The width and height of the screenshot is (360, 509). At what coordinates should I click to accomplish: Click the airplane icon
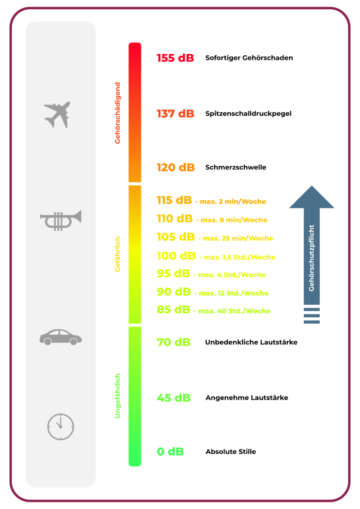tap(58, 114)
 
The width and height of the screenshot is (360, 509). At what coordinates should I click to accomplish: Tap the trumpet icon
tap(60, 221)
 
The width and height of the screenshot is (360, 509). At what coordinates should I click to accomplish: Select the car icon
tap(61, 337)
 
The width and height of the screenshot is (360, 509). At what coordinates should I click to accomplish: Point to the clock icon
tap(61, 427)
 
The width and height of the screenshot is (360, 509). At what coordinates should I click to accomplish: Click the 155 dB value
tap(175, 58)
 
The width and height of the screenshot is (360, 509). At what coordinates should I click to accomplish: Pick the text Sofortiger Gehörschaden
tap(249, 58)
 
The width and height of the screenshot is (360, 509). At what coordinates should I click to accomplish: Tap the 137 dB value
tap(175, 113)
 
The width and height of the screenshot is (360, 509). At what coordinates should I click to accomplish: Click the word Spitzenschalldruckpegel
tap(248, 113)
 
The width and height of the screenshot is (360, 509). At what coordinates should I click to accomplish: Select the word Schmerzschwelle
tap(236, 167)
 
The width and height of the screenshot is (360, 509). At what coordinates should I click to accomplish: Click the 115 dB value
tap(174, 200)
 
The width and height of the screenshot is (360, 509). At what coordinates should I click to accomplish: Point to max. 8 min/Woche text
tap(234, 220)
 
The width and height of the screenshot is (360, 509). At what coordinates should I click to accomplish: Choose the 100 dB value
tap(176, 256)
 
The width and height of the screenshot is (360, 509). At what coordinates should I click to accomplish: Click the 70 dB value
tap(173, 342)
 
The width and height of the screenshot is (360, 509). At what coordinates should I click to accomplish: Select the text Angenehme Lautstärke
tap(247, 397)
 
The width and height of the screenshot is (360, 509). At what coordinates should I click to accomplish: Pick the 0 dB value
tap(171, 451)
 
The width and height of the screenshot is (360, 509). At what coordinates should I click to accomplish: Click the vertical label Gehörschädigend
tap(118, 113)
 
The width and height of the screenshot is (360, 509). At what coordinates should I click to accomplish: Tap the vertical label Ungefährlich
tap(118, 396)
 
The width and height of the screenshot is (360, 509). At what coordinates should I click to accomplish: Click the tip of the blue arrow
tap(312, 186)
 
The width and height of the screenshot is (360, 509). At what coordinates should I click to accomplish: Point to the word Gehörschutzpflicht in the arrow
tap(312, 258)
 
